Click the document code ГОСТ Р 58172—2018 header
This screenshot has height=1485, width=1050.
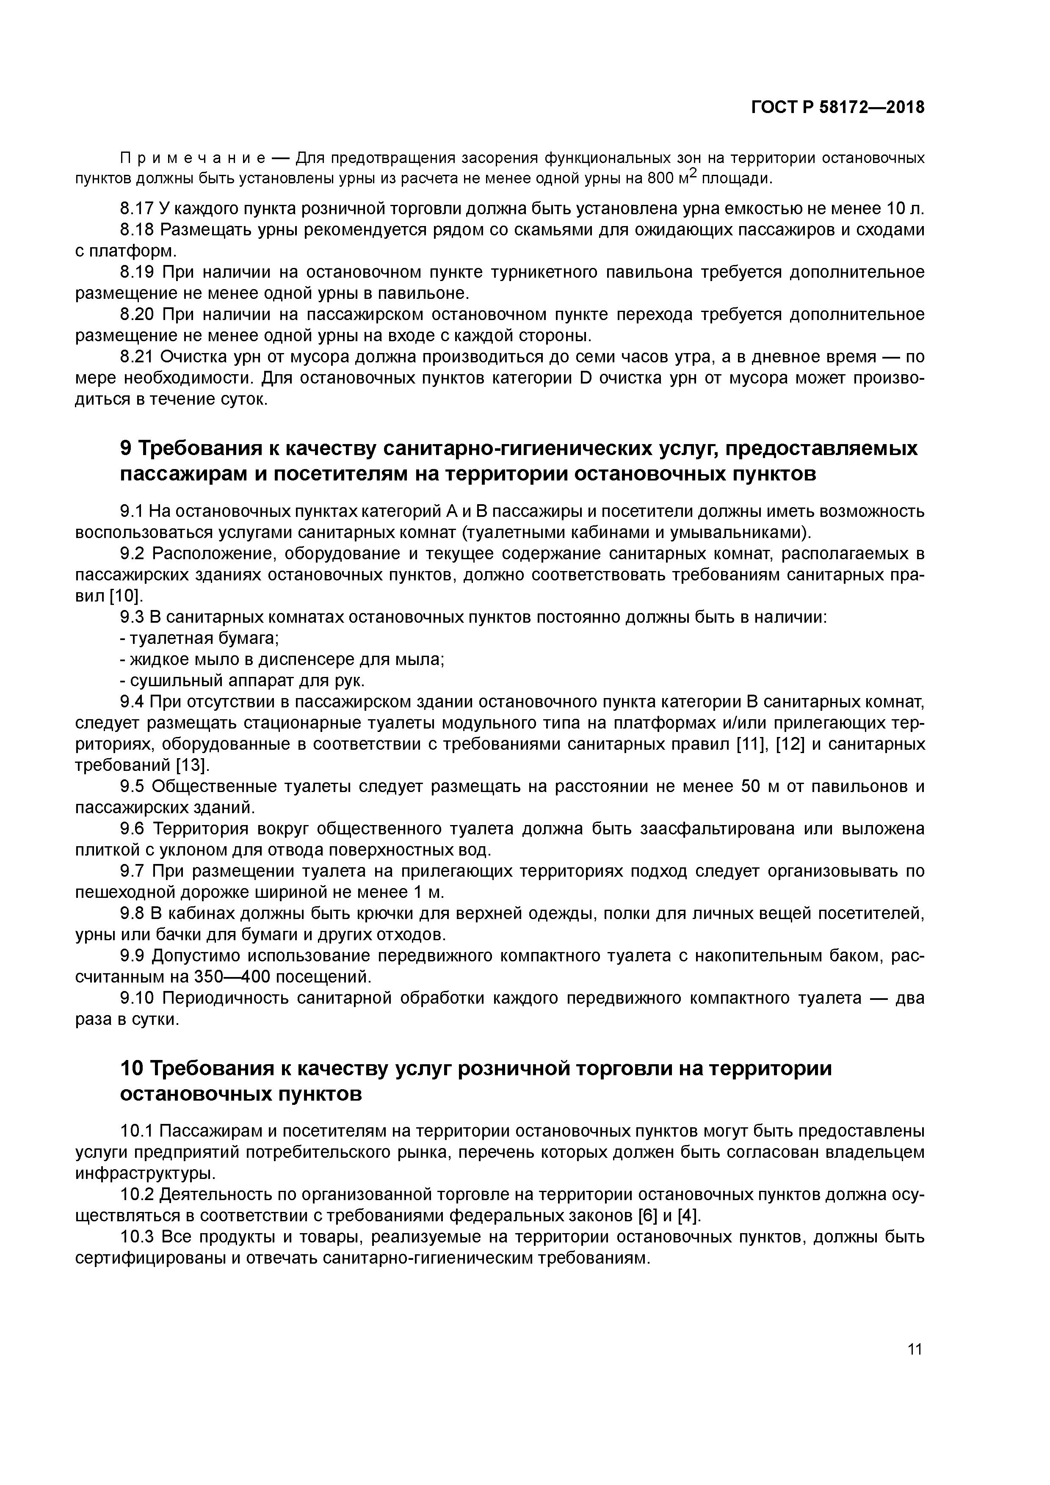tap(838, 108)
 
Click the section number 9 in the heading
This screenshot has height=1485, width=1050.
tap(126, 448)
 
